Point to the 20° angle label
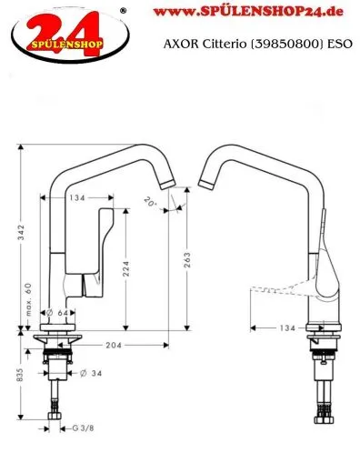(x=150, y=204)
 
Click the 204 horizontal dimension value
(x=115, y=347)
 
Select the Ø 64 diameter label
(x=60, y=314)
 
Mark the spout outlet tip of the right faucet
(x=207, y=185)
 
